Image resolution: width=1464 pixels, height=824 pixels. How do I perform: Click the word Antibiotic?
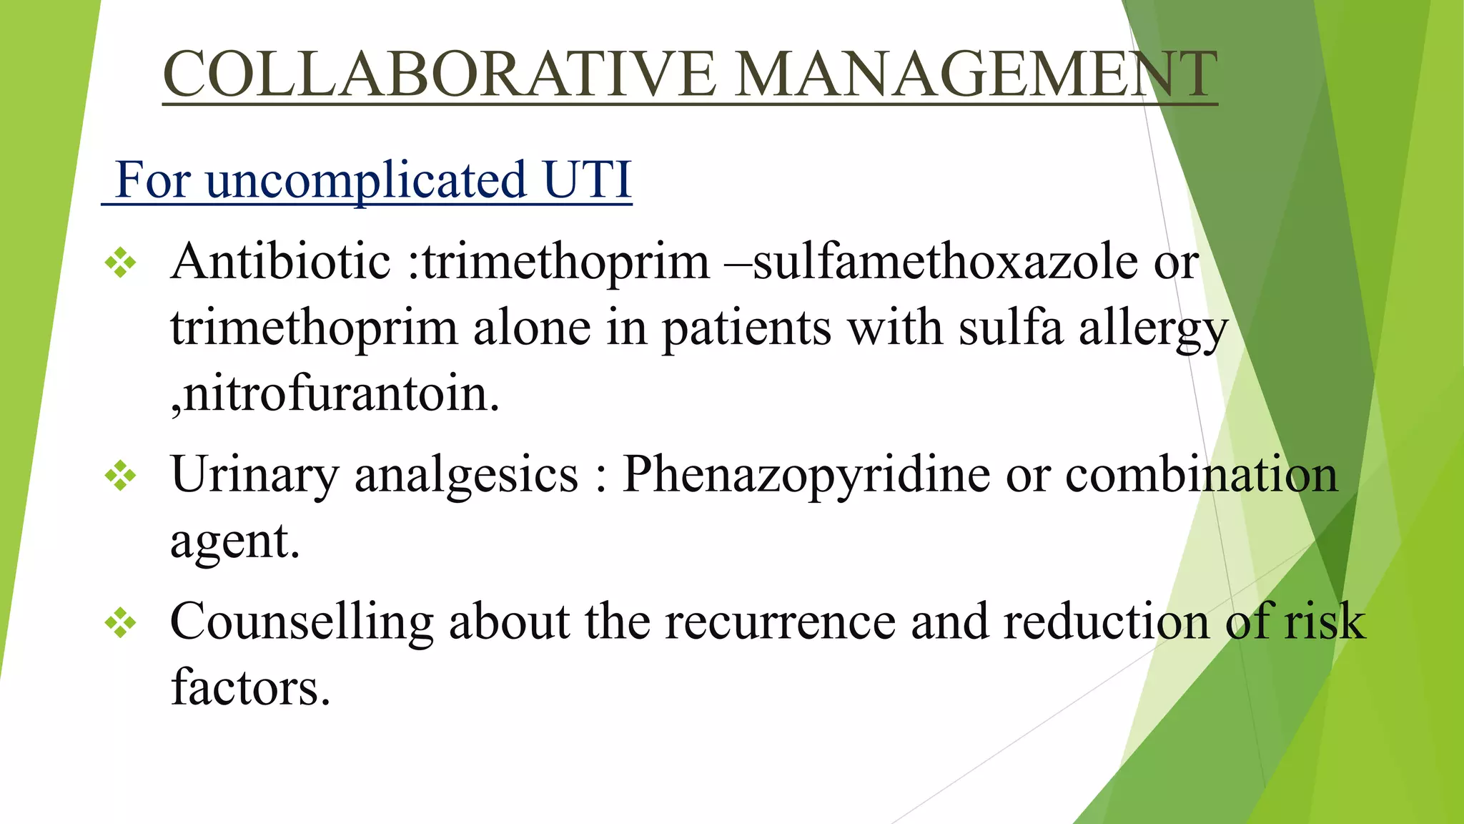(x=280, y=262)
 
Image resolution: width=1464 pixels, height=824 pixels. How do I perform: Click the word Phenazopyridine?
(x=806, y=474)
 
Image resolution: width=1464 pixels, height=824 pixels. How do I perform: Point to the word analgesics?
(x=466, y=476)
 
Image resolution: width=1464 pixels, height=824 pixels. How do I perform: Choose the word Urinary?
(x=254, y=476)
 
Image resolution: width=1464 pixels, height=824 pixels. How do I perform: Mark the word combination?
(x=1201, y=474)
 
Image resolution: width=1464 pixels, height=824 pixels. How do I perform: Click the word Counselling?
(x=302, y=622)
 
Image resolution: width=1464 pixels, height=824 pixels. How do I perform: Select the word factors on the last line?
(x=250, y=687)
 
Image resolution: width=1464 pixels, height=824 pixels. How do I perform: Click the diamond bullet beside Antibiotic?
(x=120, y=263)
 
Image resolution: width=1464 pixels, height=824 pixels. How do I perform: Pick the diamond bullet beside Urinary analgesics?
(x=120, y=476)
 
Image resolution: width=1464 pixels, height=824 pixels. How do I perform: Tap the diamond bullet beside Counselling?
(x=120, y=622)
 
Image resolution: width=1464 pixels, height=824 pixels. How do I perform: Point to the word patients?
(x=746, y=329)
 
